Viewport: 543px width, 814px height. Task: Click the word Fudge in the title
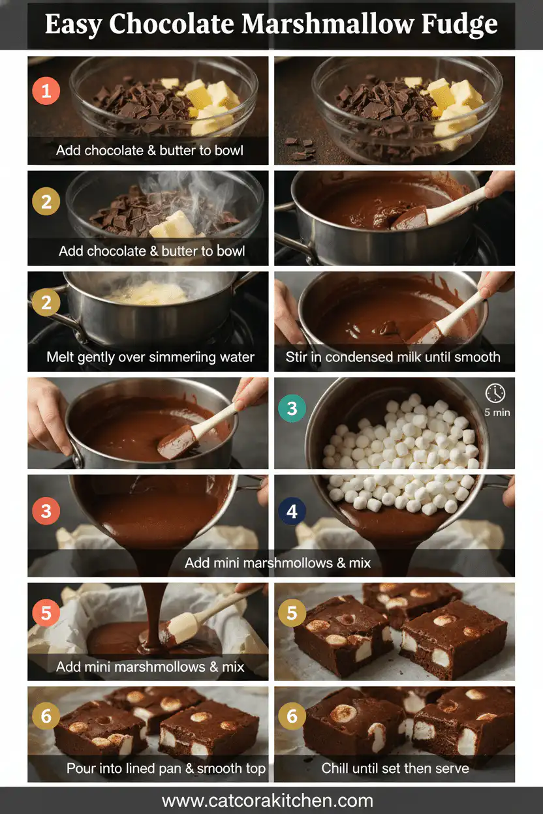[459, 25]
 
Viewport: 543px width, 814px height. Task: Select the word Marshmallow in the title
[328, 24]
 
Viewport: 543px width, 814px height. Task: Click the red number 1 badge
[46, 91]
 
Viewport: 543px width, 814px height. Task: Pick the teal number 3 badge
[292, 408]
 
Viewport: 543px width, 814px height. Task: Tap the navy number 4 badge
[292, 511]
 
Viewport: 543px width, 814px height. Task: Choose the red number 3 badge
[46, 511]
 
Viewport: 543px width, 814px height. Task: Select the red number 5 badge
[46, 613]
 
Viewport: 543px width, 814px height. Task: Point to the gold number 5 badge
[292, 613]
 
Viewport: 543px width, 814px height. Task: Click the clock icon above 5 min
[495, 393]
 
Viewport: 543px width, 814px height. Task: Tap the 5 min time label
[497, 412]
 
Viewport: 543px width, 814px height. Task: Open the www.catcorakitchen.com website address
[268, 800]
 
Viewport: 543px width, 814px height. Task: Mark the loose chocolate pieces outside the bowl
[300, 149]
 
